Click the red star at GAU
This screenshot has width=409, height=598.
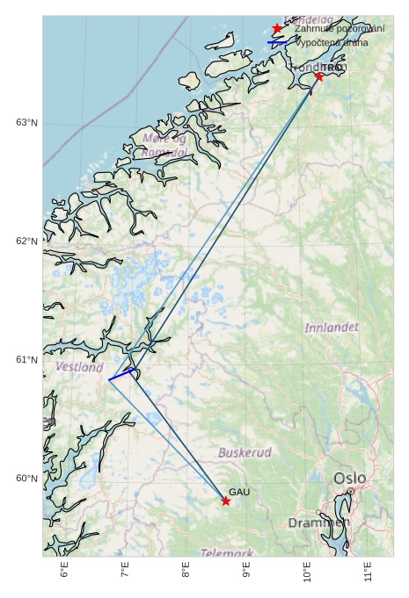point(226,501)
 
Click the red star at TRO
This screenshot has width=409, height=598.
point(318,76)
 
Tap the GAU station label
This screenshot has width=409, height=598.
point(240,493)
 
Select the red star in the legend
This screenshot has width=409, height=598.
point(277,29)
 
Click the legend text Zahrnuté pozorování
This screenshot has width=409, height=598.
point(340,29)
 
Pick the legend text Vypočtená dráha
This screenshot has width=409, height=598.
point(332,42)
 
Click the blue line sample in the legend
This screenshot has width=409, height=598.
point(277,42)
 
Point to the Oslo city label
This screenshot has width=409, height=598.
point(349,479)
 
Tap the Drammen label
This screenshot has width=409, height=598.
point(318,522)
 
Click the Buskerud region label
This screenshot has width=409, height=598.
point(245,453)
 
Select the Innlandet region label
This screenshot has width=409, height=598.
point(332,328)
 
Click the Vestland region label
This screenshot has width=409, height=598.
point(79,367)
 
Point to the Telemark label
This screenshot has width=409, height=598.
point(226,553)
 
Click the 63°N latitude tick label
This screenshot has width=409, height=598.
point(26,122)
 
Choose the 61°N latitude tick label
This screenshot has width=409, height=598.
point(26,360)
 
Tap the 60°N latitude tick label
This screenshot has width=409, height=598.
point(26,479)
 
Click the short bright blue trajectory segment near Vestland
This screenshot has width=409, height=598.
point(121,374)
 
